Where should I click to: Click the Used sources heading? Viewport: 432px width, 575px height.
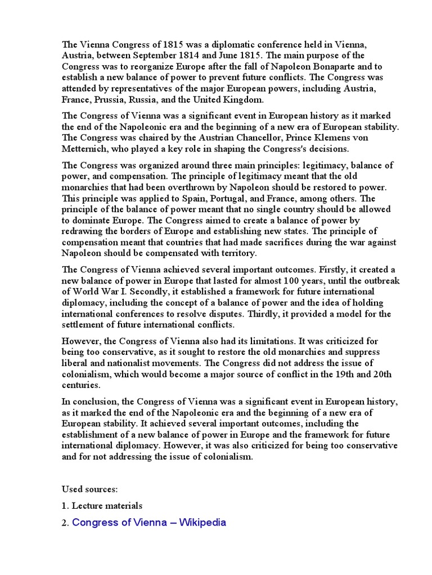tap(90, 489)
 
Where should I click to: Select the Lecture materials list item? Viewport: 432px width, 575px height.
tap(107, 506)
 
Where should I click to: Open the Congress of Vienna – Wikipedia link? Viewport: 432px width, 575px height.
tap(149, 523)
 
